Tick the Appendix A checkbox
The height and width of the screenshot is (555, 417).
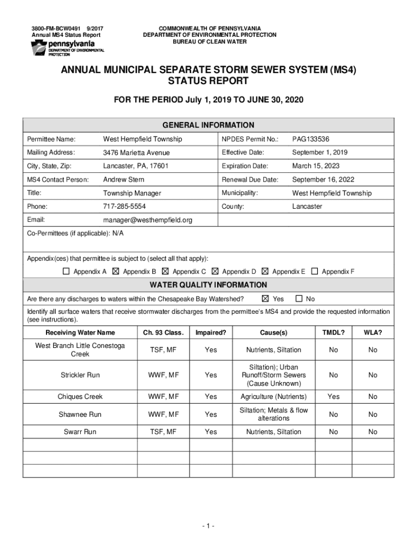tap(66, 272)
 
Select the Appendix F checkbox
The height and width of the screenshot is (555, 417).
tap(314, 272)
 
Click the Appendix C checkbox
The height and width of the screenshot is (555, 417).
tap(165, 272)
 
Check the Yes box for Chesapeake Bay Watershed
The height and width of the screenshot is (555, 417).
tap(265, 299)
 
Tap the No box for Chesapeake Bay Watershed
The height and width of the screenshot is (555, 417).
tap(298, 299)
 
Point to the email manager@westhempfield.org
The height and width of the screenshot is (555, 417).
tap(147, 220)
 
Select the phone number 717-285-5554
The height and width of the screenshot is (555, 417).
tap(124, 206)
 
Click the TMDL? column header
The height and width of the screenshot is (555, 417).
tap(333, 332)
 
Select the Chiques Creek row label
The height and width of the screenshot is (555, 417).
tap(80, 397)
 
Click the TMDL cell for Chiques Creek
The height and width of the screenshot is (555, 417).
tap(333, 397)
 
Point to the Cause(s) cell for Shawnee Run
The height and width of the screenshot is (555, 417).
tap(273, 414)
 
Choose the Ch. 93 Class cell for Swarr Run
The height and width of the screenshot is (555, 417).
tap(163, 432)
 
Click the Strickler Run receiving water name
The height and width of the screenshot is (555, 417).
tap(80, 375)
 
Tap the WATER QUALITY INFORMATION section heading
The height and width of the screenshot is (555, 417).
tap(208, 285)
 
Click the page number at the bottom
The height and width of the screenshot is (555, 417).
tap(208, 526)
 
